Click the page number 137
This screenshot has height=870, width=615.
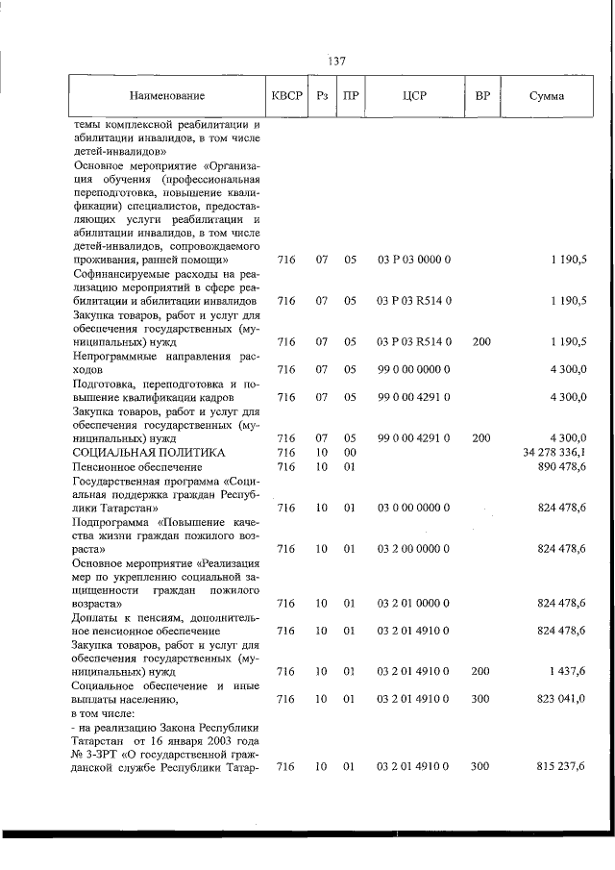pyautogui.click(x=336, y=61)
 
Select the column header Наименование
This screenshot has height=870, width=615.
pyautogui.click(x=168, y=97)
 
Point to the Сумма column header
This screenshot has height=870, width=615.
pyautogui.click(x=547, y=97)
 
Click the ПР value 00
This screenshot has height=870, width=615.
pyautogui.click(x=351, y=452)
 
